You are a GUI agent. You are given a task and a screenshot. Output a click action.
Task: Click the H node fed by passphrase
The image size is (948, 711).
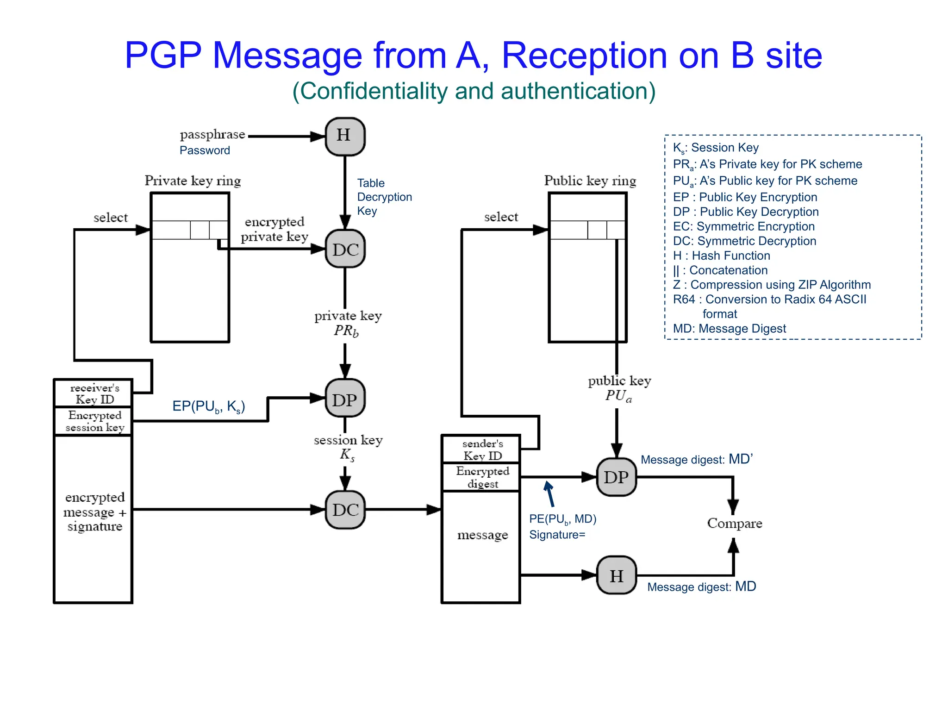point(345,136)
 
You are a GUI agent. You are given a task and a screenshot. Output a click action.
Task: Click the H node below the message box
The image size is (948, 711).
point(616,575)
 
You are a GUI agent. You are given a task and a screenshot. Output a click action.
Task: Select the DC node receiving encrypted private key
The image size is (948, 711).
point(345,249)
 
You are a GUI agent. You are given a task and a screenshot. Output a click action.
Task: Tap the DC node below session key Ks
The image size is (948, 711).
point(345,509)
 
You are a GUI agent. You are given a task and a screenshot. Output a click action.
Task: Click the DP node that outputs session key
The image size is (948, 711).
point(345,399)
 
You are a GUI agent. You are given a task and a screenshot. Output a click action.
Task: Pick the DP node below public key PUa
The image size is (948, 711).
point(616,477)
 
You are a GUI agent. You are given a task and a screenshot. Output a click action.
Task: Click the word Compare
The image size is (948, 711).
point(734,523)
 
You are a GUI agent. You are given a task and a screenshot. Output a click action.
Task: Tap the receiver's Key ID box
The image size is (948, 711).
point(94,393)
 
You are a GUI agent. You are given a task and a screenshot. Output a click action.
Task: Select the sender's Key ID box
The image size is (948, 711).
point(482,449)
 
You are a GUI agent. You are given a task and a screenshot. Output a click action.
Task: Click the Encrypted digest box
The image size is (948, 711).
point(482,477)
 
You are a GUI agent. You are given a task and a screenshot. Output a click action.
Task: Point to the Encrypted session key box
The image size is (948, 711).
point(94,421)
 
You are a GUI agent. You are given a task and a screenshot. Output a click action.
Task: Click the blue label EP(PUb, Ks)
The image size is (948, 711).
point(208,406)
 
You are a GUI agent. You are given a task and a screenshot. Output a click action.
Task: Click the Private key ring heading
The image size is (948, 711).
point(193,181)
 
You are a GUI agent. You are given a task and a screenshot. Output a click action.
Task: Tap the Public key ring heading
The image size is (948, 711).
point(590,181)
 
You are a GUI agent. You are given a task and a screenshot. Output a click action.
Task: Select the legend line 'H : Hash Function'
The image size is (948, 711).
point(721,256)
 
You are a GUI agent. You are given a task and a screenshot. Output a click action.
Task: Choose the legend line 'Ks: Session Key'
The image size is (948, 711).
point(716,148)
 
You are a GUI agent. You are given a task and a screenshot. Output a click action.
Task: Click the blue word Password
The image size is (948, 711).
point(205,150)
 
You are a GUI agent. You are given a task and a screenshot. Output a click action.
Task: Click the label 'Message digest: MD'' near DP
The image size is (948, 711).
point(696,459)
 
